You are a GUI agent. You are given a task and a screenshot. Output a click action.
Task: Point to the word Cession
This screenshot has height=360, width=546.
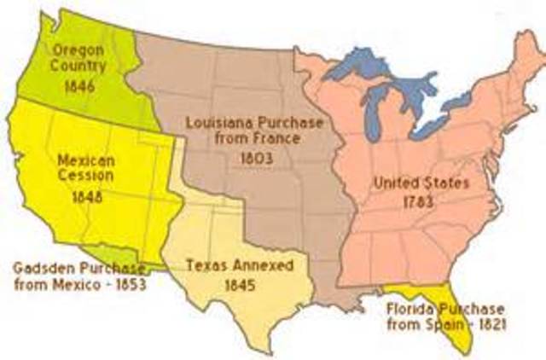[x=78, y=177]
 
